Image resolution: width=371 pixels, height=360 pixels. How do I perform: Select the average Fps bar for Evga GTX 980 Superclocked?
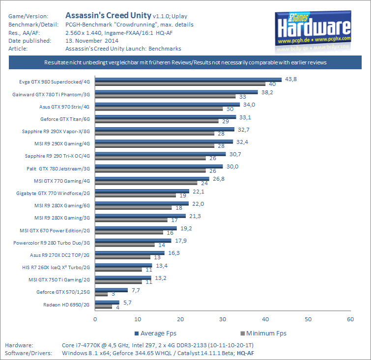pyautogui.click(x=188, y=79)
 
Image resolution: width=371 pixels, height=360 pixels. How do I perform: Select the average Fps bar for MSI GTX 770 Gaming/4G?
pyautogui.click(x=152, y=179)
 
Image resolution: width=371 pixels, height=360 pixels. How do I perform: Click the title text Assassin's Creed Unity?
pyautogui.click(x=105, y=16)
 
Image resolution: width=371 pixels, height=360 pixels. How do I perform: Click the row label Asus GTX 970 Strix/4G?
pyautogui.click(x=65, y=106)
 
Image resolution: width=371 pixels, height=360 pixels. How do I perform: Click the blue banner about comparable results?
pyautogui.click(x=185, y=63)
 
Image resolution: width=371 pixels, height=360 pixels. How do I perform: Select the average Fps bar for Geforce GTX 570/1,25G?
pyautogui.click(x=111, y=290)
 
